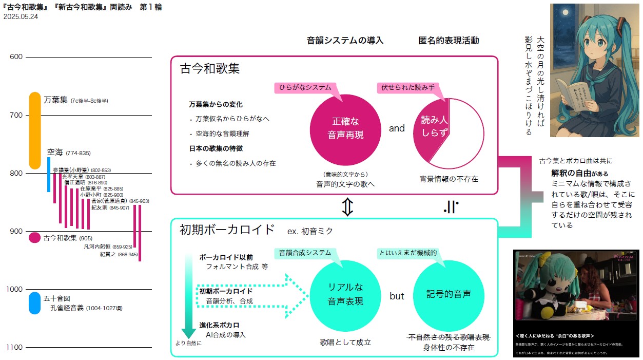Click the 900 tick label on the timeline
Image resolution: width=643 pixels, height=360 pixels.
click(16, 231)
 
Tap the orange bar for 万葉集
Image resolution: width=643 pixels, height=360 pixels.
click(35, 130)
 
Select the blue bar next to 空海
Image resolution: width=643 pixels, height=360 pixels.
click(49, 175)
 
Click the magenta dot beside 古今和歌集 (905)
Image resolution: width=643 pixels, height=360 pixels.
click(34, 238)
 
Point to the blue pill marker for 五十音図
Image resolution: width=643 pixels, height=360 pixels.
click(35, 303)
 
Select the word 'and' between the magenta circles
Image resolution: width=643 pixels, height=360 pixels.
click(397, 128)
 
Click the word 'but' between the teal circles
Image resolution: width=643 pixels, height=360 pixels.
click(397, 296)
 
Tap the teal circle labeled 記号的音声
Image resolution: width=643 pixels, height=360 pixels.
click(449, 295)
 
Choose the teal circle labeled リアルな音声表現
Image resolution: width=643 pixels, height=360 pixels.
click(345, 295)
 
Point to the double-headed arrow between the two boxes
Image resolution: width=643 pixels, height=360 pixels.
click(348, 206)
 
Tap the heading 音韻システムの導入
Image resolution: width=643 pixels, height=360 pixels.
click(345, 41)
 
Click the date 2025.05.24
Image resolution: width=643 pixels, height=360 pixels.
click(21, 17)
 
